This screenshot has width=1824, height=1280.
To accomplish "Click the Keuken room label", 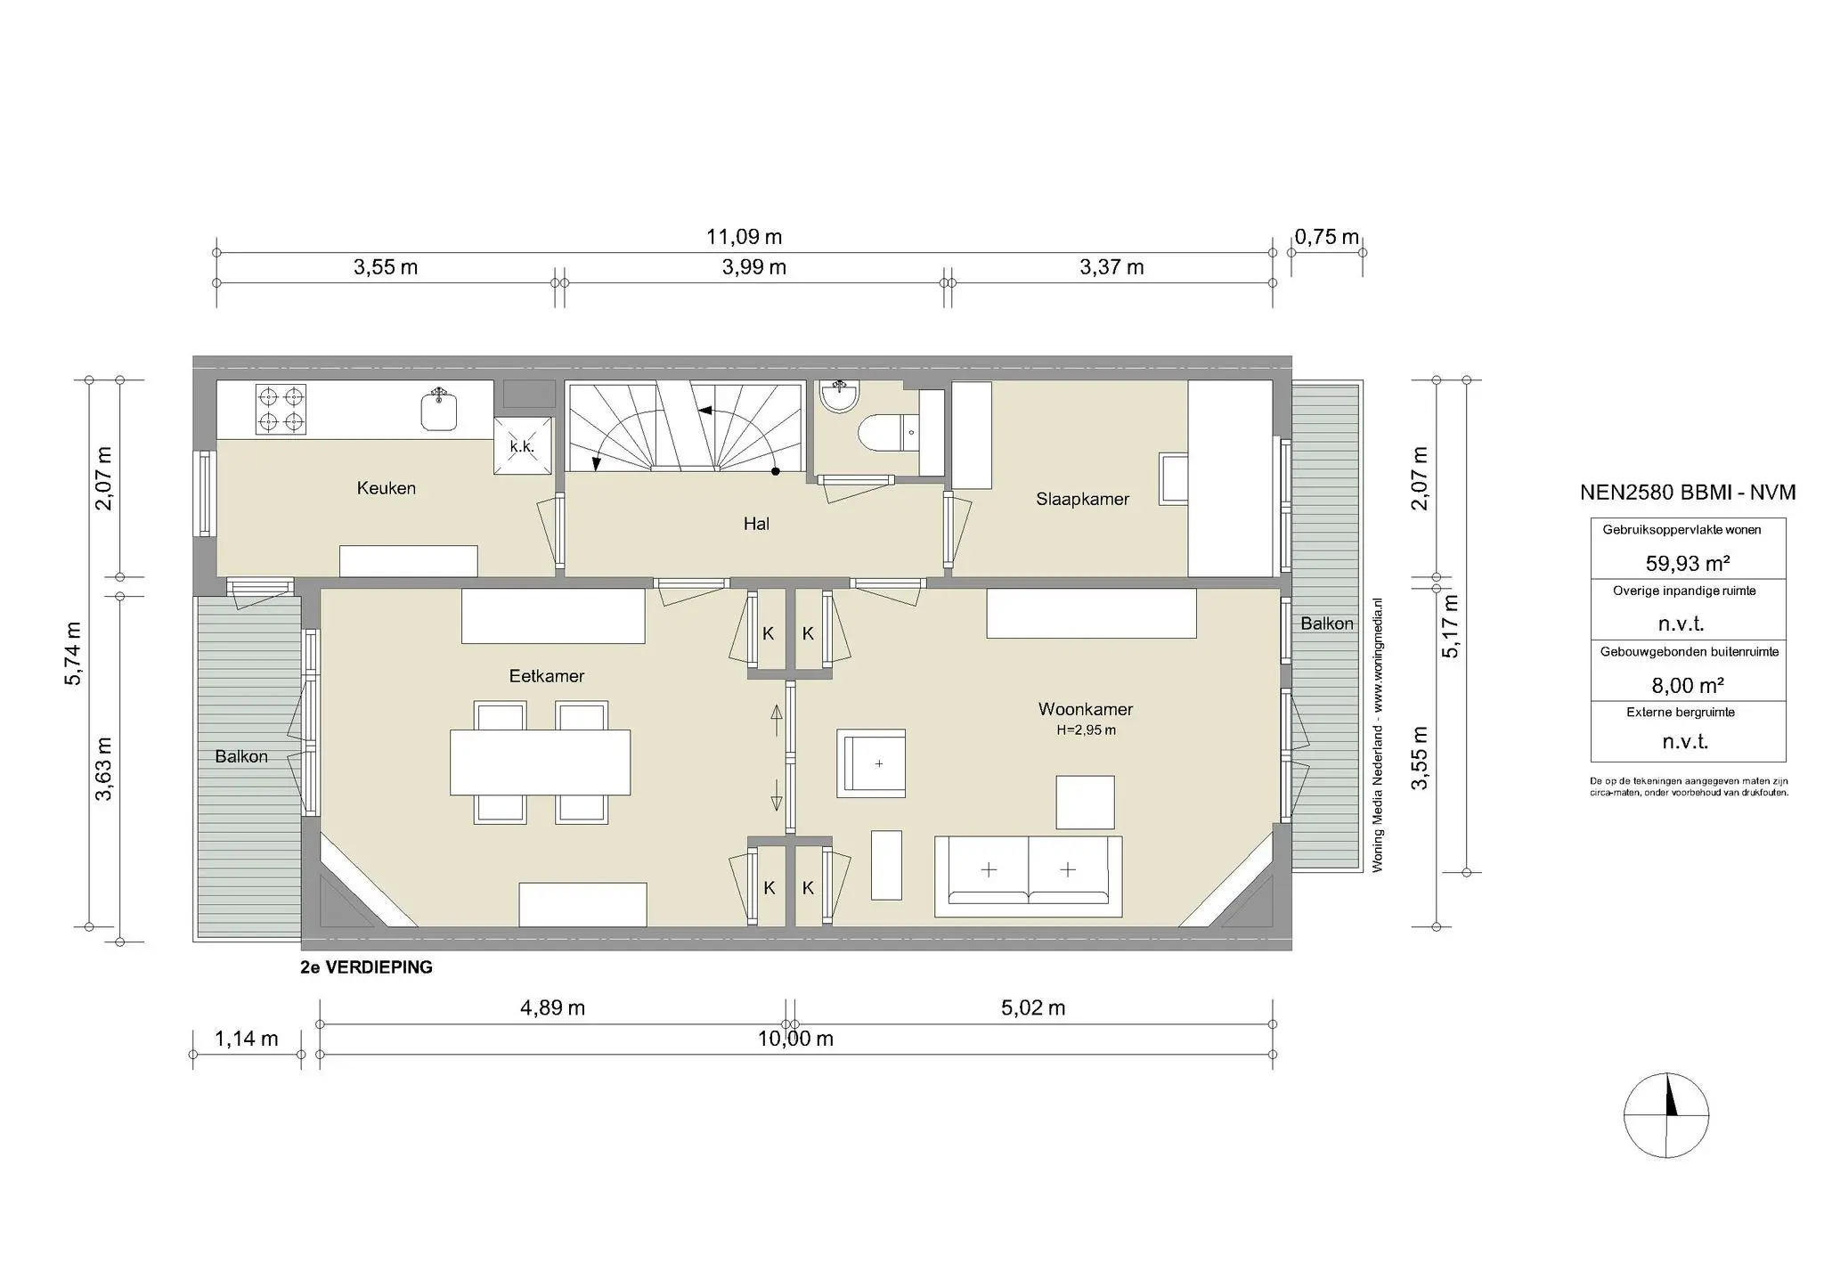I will pyautogui.click(x=386, y=488).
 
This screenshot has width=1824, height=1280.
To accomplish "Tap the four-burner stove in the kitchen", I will pyautogui.click(x=281, y=409).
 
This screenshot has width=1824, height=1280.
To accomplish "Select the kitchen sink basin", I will pyautogui.click(x=438, y=412).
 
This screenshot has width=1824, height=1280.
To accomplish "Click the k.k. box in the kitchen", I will pyautogui.click(x=522, y=446).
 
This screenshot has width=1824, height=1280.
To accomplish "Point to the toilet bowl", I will pyautogui.click(x=881, y=435).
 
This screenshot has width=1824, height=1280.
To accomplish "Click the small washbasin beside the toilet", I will pyautogui.click(x=838, y=396).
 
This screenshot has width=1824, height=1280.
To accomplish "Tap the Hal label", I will pyautogui.click(x=756, y=524).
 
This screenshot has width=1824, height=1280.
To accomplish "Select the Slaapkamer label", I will pyautogui.click(x=1082, y=499).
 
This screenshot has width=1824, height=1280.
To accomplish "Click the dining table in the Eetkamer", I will pyautogui.click(x=540, y=762).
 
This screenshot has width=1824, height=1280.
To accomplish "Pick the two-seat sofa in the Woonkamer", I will pyautogui.click(x=1028, y=876).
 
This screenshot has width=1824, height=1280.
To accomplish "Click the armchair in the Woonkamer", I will pyautogui.click(x=871, y=762).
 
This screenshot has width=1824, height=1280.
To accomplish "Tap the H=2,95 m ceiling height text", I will pyautogui.click(x=1086, y=730).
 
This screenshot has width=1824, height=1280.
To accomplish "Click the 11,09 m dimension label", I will pyautogui.click(x=744, y=237).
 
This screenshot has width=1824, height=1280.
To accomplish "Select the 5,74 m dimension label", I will pyautogui.click(x=73, y=653).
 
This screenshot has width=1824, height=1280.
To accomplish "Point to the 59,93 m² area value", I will pyautogui.click(x=1688, y=563).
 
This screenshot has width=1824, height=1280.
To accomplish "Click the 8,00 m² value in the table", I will pyautogui.click(x=1688, y=685).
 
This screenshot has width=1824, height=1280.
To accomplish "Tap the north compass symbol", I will pyautogui.click(x=1666, y=1115).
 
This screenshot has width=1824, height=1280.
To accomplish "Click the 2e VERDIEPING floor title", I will pyautogui.click(x=367, y=967).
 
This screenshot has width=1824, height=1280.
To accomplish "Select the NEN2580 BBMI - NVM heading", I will pyautogui.click(x=1688, y=493).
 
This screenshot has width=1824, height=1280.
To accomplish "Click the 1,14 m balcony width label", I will pyautogui.click(x=247, y=1039).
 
